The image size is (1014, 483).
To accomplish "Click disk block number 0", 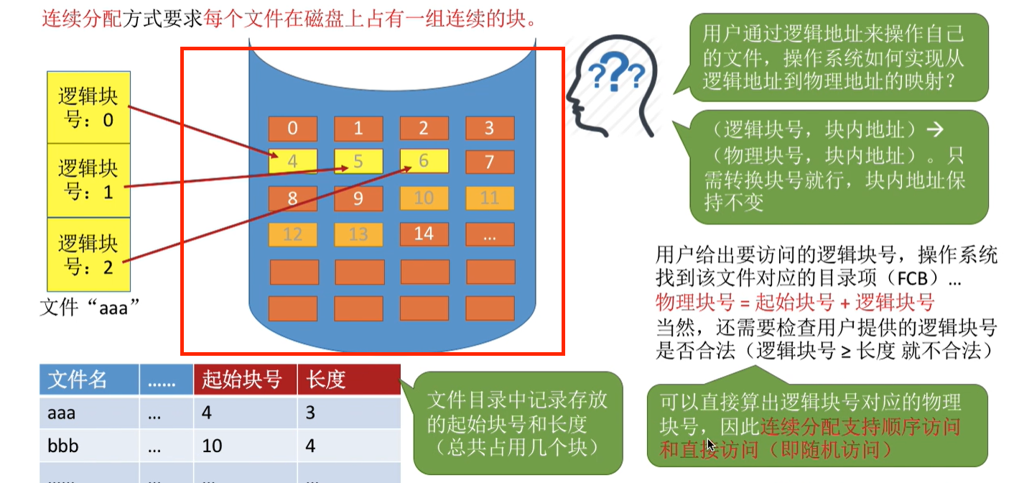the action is (292, 129).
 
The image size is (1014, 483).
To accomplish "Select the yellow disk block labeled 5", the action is (358, 162).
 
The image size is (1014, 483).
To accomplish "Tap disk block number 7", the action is (490, 162).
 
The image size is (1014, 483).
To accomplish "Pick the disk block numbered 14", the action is (424, 234).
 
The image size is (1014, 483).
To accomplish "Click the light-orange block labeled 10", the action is (424, 198).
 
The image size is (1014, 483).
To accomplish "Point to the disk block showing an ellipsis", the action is (490, 234).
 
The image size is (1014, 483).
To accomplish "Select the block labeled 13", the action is (358, 234).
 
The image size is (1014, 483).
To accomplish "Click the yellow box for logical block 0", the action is (89, 107).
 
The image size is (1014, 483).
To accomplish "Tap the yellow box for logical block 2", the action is (89, 254).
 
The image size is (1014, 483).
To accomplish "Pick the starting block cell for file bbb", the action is (213, 446).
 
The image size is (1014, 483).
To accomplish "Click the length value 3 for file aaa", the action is (311, 413).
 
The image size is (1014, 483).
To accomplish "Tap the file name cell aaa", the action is (62, 413).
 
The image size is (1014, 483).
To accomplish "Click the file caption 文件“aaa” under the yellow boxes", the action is (89, 307).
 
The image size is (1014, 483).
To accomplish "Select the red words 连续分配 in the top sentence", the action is (81, 19).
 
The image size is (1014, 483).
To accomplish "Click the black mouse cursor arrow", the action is (711, 445).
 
